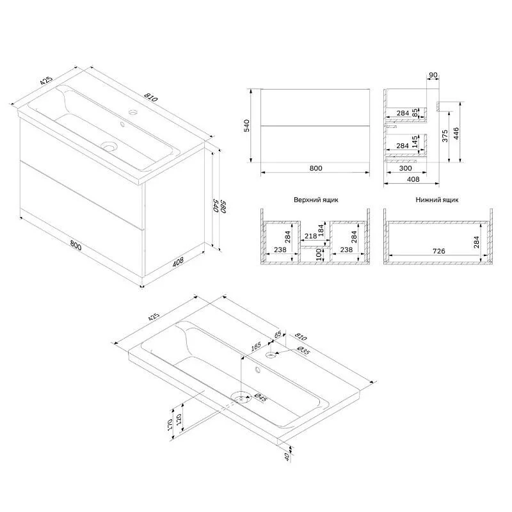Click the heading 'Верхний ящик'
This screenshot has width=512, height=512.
pos(316,200)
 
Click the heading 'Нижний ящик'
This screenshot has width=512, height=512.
pos(437,200)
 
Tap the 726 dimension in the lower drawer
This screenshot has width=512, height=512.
pos(438,251)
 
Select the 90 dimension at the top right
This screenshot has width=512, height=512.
pos(433,75)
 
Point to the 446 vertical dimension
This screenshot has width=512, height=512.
pos(456,133)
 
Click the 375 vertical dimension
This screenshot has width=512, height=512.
pos(445,136)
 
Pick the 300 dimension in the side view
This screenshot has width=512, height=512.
pos(406,168)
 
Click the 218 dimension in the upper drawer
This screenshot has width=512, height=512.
pos(310,236)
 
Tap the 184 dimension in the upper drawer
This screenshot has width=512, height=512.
pos(321,230)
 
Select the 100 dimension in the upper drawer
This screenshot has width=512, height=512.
pos(319,254)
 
